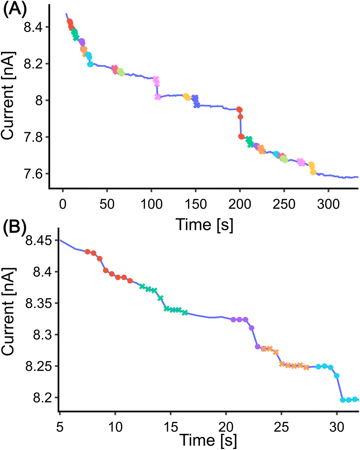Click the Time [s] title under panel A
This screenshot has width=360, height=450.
204,225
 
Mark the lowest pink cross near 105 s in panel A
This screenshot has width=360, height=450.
158,97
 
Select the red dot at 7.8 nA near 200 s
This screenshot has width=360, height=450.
241,136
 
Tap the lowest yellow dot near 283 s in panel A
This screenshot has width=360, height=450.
313,172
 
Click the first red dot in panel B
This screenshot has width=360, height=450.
87,252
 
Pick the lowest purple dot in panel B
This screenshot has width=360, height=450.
258,347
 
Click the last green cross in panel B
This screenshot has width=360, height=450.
185,313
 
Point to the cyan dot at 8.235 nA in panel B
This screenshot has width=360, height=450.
337,376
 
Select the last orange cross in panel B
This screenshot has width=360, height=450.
306,367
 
